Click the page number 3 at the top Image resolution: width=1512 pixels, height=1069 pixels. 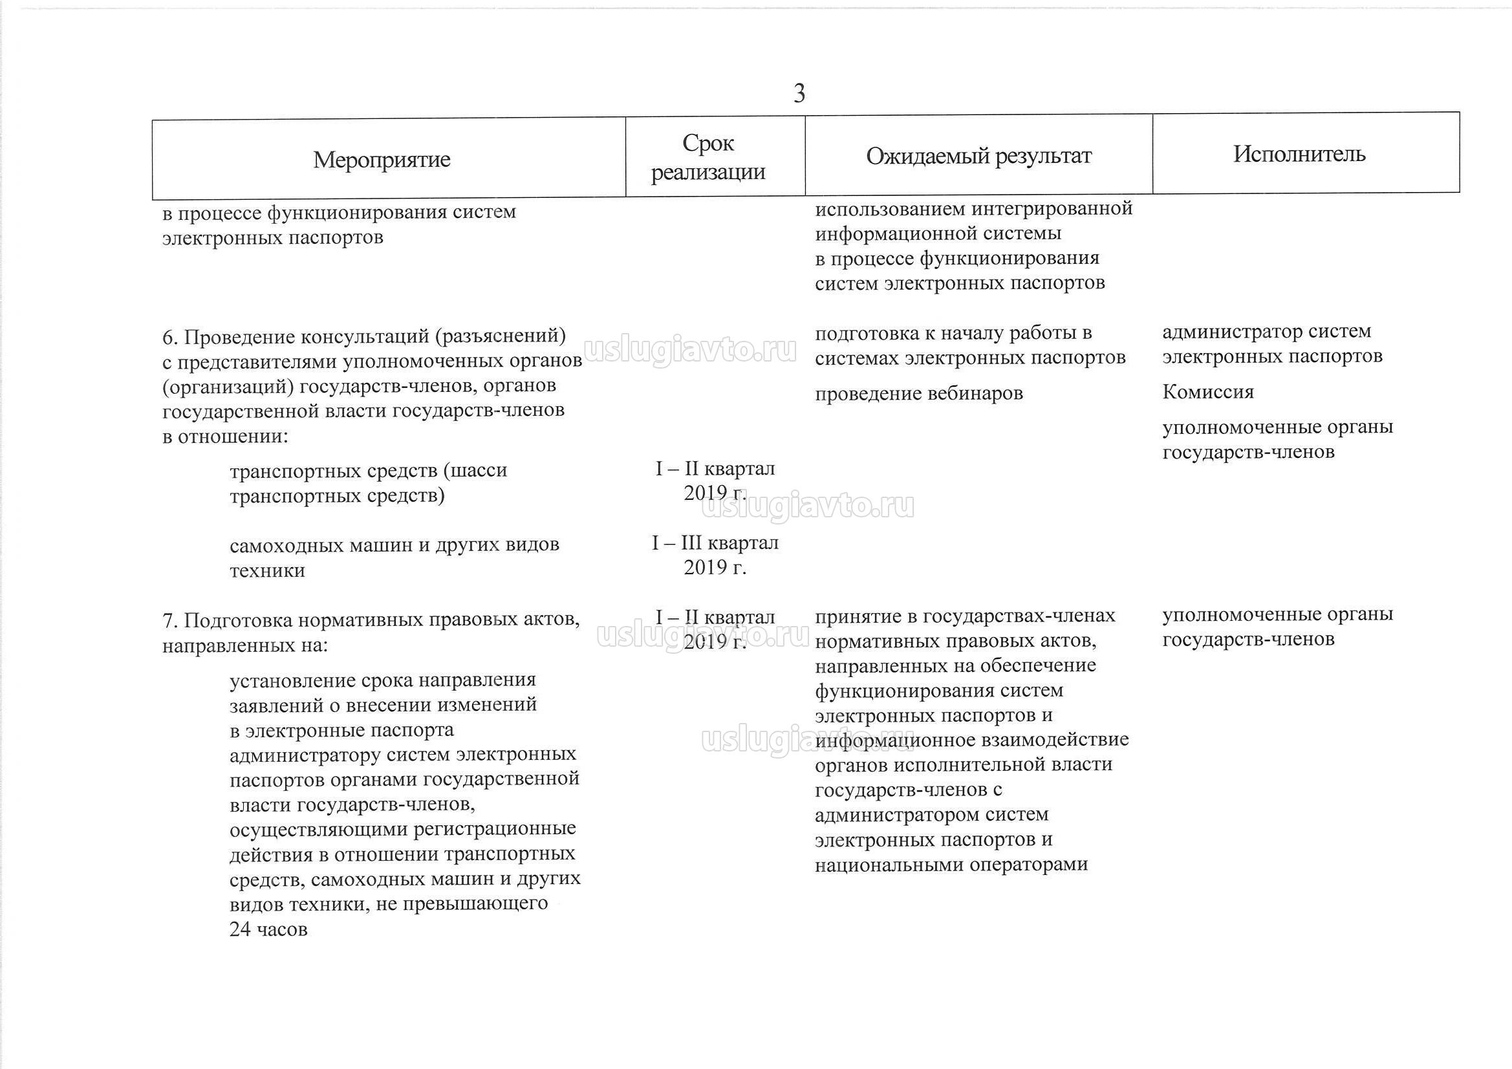(x=799, y=94)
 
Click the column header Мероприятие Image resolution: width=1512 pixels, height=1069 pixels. (x=382, y=159)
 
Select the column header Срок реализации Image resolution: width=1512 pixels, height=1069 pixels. (x=708, y=157)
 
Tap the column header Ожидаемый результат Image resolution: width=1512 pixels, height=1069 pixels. (x=978, y=156)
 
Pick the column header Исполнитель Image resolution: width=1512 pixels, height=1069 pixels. (x=1299, y=154)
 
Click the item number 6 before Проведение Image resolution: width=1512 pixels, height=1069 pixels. (x=169, y=337)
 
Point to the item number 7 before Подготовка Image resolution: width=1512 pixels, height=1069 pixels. (x=169, y=621)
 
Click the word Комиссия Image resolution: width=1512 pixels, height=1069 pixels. (x=1208, y=392)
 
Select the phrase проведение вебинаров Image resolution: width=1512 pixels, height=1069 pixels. (x=919, y=394)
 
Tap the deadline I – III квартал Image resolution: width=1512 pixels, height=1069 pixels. (x=715, y=543)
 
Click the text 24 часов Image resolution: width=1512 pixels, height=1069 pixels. (x=268, y=929)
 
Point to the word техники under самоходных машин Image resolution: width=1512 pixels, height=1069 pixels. (x=267, y=570)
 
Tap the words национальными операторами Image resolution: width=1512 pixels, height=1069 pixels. (x=951, y=865)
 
